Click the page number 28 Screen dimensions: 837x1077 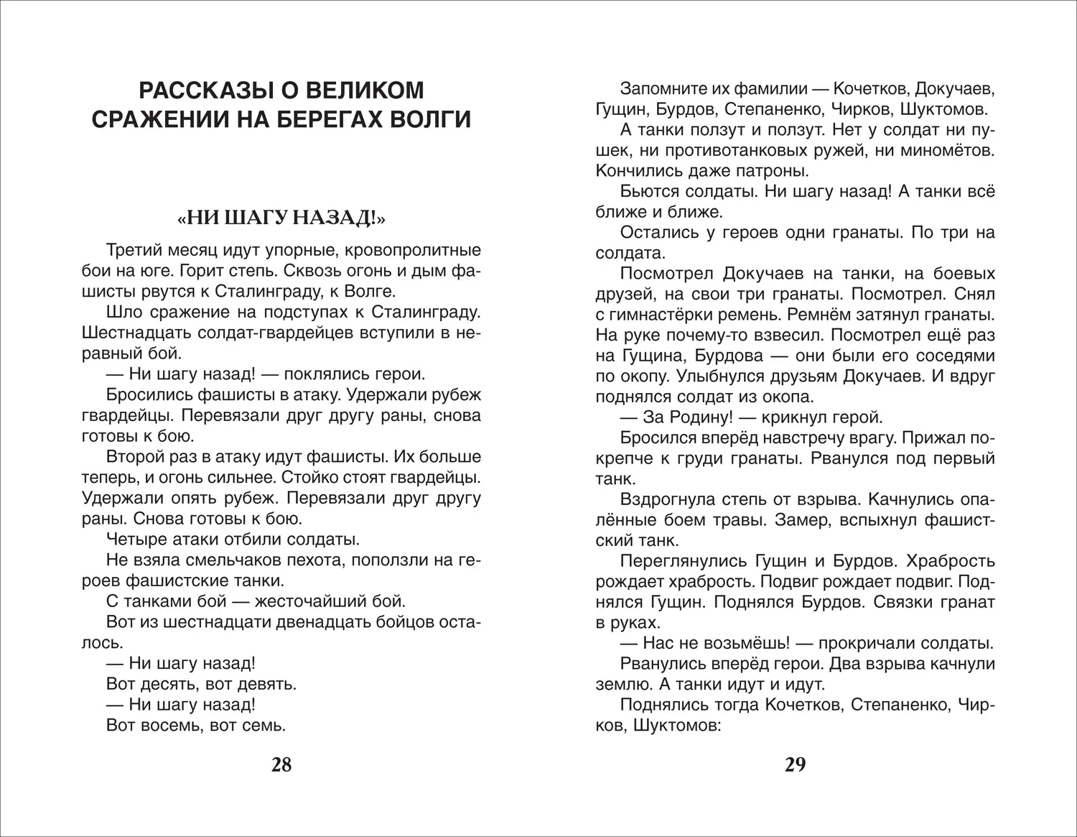tap(281, 764)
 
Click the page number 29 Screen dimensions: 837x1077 tap(795, 764)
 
